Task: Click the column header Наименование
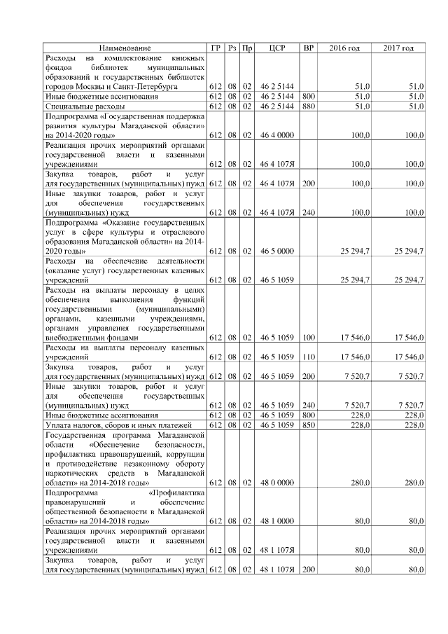125,48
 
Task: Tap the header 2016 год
344,48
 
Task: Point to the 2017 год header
399,48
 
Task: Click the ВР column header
308,48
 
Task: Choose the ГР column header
216,48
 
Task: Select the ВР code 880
308,106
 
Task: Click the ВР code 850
308,425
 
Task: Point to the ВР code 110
308,357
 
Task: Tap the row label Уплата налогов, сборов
113,425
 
